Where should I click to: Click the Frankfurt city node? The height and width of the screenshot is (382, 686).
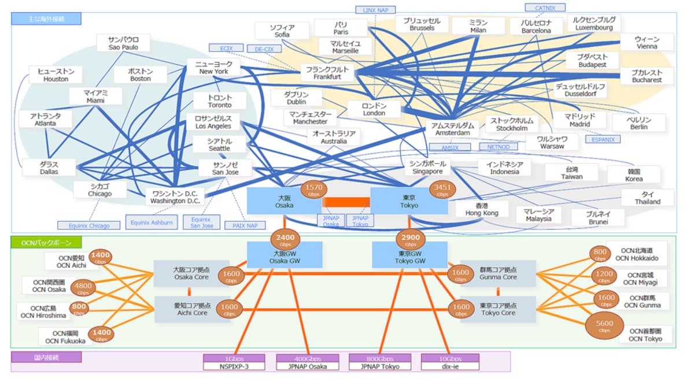pos(327,72)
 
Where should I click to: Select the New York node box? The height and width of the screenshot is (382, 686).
pos(213,68)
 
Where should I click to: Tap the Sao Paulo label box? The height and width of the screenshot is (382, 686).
pos(123,43)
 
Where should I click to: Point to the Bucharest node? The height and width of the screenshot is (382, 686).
pos(646,76)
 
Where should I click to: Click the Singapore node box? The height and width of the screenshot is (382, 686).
pos(427,168)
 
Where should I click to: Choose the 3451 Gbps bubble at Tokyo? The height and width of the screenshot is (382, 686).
pos(442,190)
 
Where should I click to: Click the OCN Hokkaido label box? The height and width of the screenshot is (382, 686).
pos(636,254)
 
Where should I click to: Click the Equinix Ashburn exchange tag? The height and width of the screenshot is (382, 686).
pos(151,222)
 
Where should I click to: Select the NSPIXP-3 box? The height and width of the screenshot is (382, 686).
pos(234,362)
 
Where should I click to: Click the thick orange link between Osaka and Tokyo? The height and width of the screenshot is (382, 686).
pos(346,202)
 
